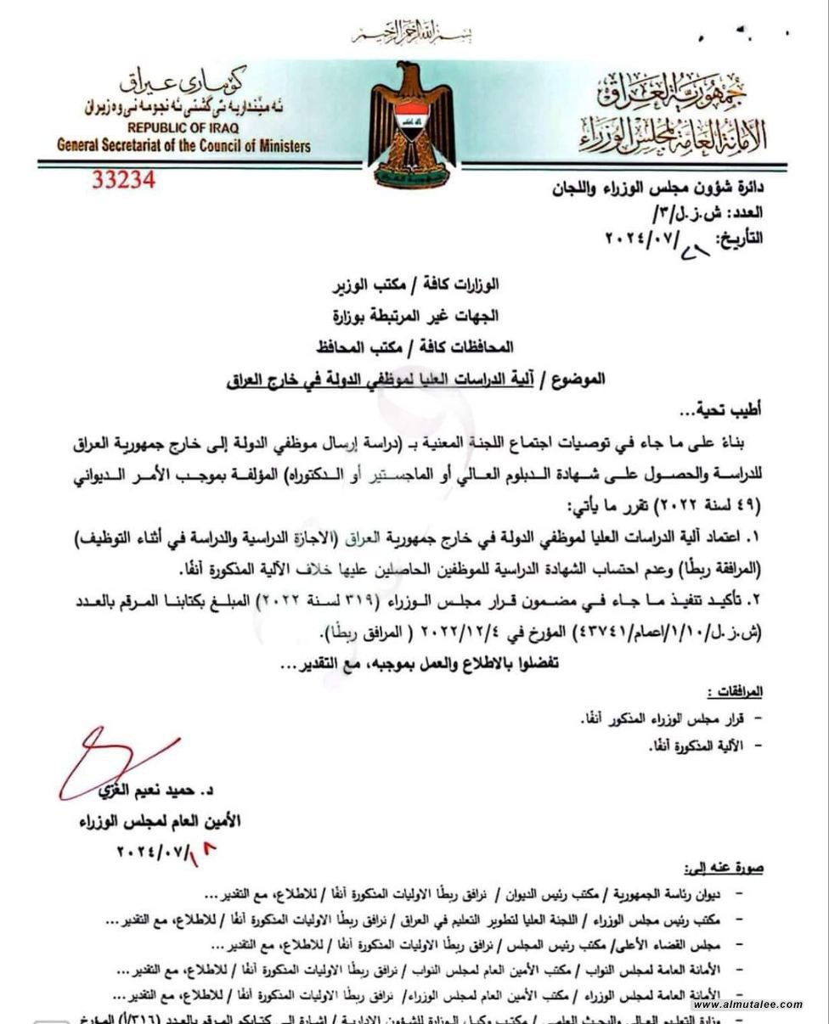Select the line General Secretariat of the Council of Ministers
183,145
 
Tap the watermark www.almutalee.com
747,1004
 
